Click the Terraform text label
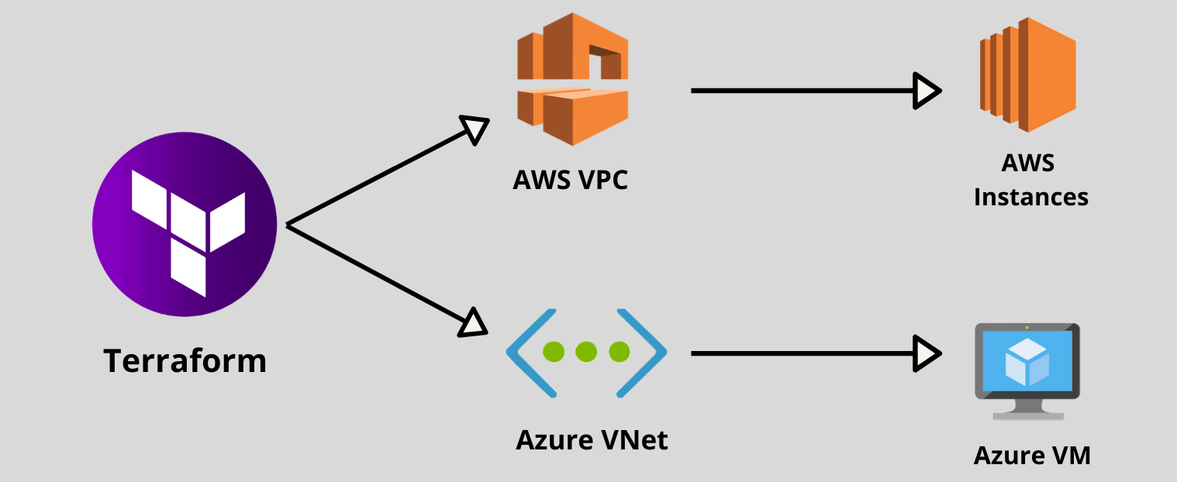(x=185, y=361)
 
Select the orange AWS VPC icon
(x=572, y=79)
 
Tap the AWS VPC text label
(x=570, y=180)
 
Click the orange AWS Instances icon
(x=1027, y=76)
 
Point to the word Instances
(x=1030, y=197)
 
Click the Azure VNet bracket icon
(x=586, y=353)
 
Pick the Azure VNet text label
(x=591, y=440)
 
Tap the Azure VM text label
(x=1032, y=455)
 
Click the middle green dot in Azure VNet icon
(x=586, y=352)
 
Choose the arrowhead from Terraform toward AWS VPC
(x=475, y=129)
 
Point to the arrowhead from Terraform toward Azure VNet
(x=473, y=322)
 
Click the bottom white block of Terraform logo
(x=189, y=268)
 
